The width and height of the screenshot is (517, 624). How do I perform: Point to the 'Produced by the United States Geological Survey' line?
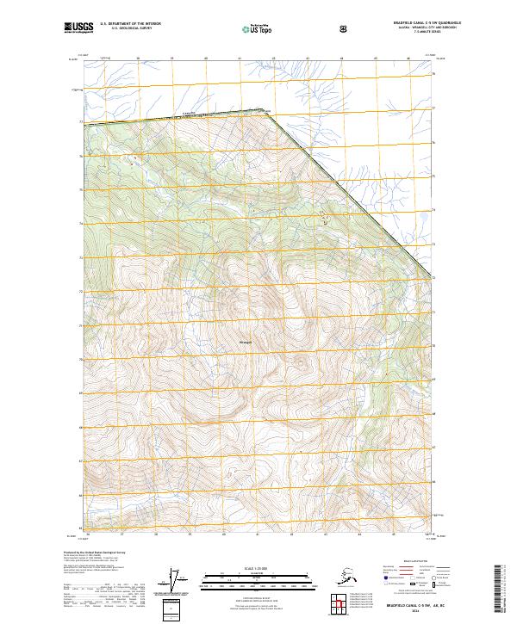point(90,552)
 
